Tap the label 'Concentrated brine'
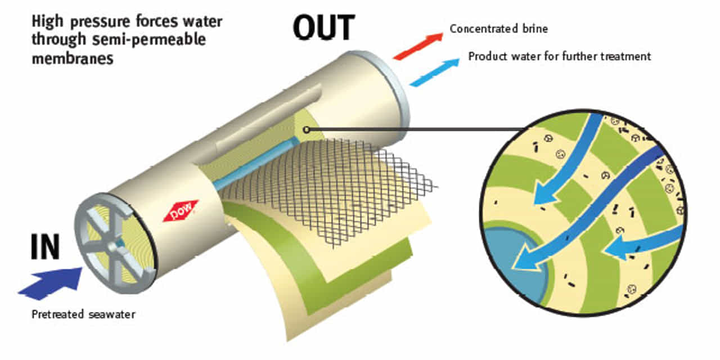(x=498, y=29)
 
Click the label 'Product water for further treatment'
(x=560, y=56)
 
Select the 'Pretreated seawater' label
(x=83, y=314)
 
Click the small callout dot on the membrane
(x=305, y=130)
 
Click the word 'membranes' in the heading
(x=73, y=58)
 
